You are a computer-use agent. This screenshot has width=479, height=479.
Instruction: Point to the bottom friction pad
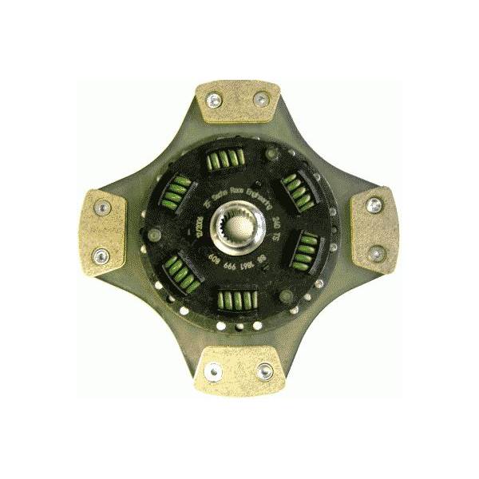[239, 368]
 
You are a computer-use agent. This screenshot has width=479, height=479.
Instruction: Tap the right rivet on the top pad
[259, 99]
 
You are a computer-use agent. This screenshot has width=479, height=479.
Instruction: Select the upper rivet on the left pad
[101, 208]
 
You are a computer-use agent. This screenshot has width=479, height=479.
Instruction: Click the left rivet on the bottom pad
[214, 370]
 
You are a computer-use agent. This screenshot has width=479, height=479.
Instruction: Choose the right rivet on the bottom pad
[264, 370]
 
